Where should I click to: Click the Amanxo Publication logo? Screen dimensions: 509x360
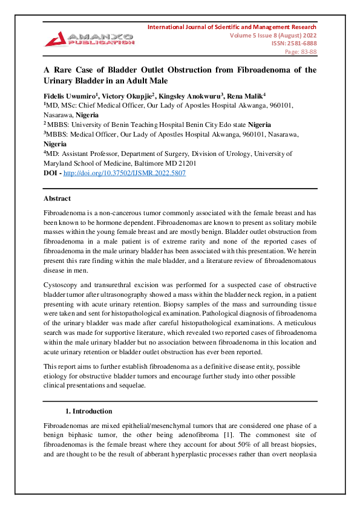pyautogui.click(x=88, y=38)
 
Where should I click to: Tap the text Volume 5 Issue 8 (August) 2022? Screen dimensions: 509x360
pyautogui.click(x=272, y=35)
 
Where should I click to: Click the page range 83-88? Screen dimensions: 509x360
pyautogui.click(x=307, y=52)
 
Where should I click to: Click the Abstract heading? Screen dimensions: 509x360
pyautogui.click(x=57, y=198)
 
